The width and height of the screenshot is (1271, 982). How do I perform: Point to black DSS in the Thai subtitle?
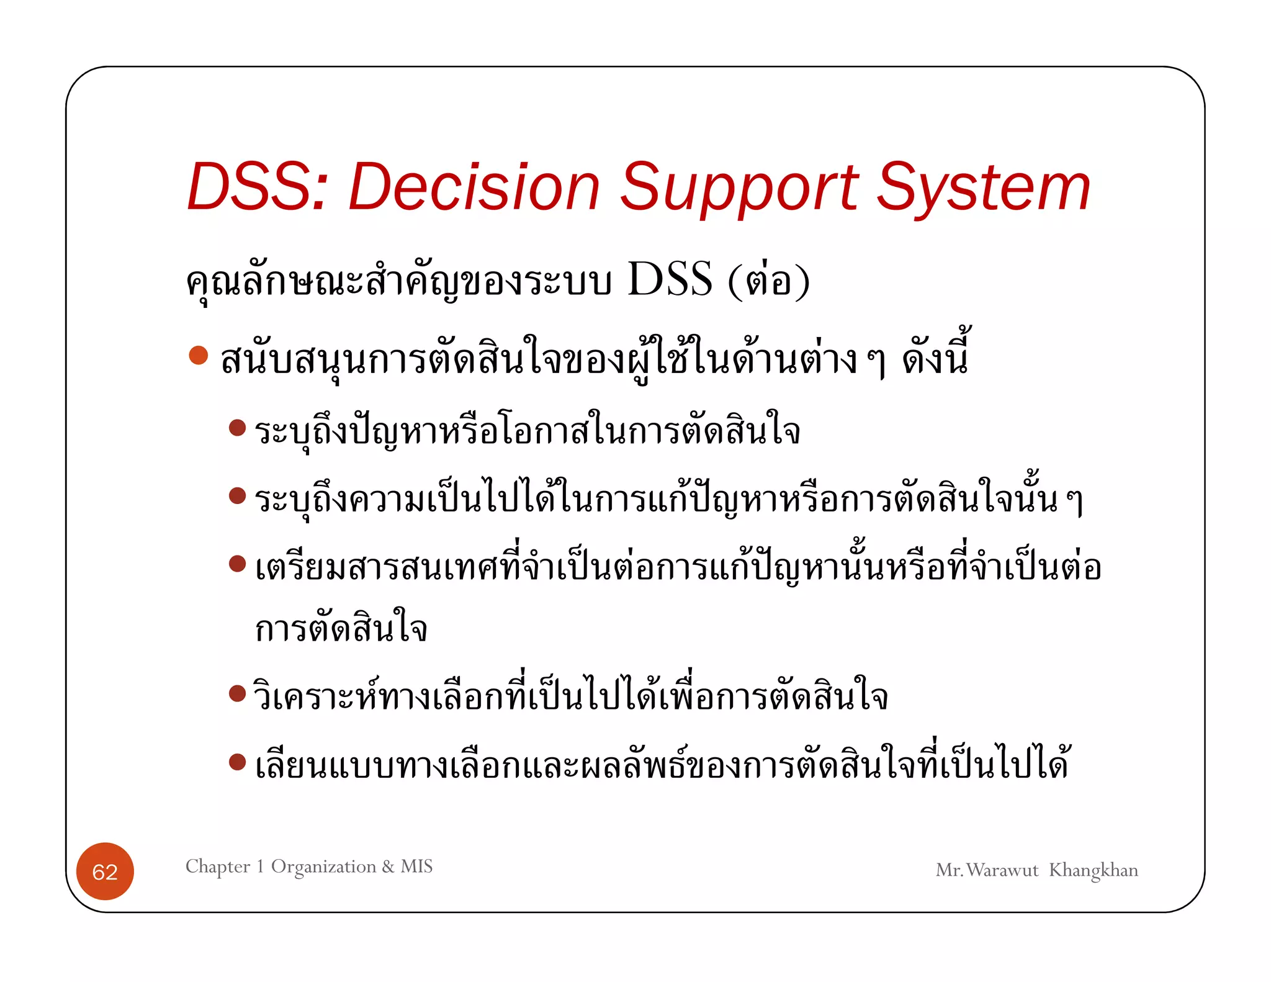(670, 280)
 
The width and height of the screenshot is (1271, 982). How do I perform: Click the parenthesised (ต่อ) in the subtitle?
(768, 281)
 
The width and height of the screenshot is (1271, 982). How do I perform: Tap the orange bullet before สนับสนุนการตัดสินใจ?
(198, 355)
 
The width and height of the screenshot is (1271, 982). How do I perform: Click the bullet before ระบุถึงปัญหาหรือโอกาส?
(237, 428)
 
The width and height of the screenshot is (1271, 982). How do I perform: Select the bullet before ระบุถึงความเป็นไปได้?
(237, 495)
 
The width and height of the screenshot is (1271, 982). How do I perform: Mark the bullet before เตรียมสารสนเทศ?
(237, 563)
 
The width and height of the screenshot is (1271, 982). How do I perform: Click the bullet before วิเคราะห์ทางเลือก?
(237, 693)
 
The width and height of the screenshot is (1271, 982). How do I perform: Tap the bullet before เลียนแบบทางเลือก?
(237, 761)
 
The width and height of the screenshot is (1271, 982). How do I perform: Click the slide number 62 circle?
(105, 872)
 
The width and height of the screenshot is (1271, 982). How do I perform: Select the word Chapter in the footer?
(218, 867)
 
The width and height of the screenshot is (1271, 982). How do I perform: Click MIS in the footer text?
(416, 866)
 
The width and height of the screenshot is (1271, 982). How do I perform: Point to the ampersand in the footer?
(388, 867)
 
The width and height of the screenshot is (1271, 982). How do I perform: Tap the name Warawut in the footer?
(1002, 870)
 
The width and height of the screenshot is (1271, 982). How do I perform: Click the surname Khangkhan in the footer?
(1094, 870)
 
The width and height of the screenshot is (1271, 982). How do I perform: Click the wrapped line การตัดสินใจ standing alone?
(341, 629)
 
